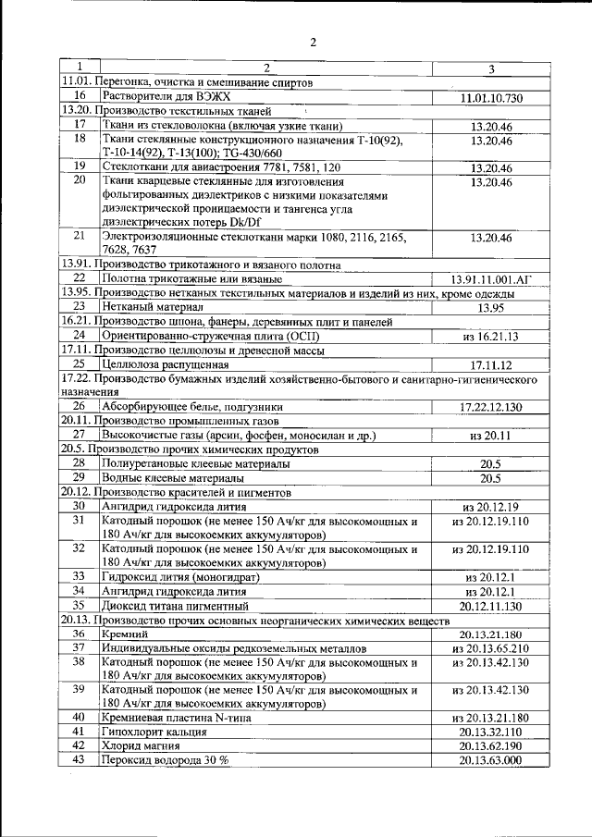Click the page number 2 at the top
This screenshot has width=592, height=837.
313,42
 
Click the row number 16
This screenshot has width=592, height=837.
80,96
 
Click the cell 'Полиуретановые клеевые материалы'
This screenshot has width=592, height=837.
195,463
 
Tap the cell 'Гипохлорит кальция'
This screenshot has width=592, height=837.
154,732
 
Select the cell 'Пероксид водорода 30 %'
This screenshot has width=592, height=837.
165,760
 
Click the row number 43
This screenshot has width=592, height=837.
80,760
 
